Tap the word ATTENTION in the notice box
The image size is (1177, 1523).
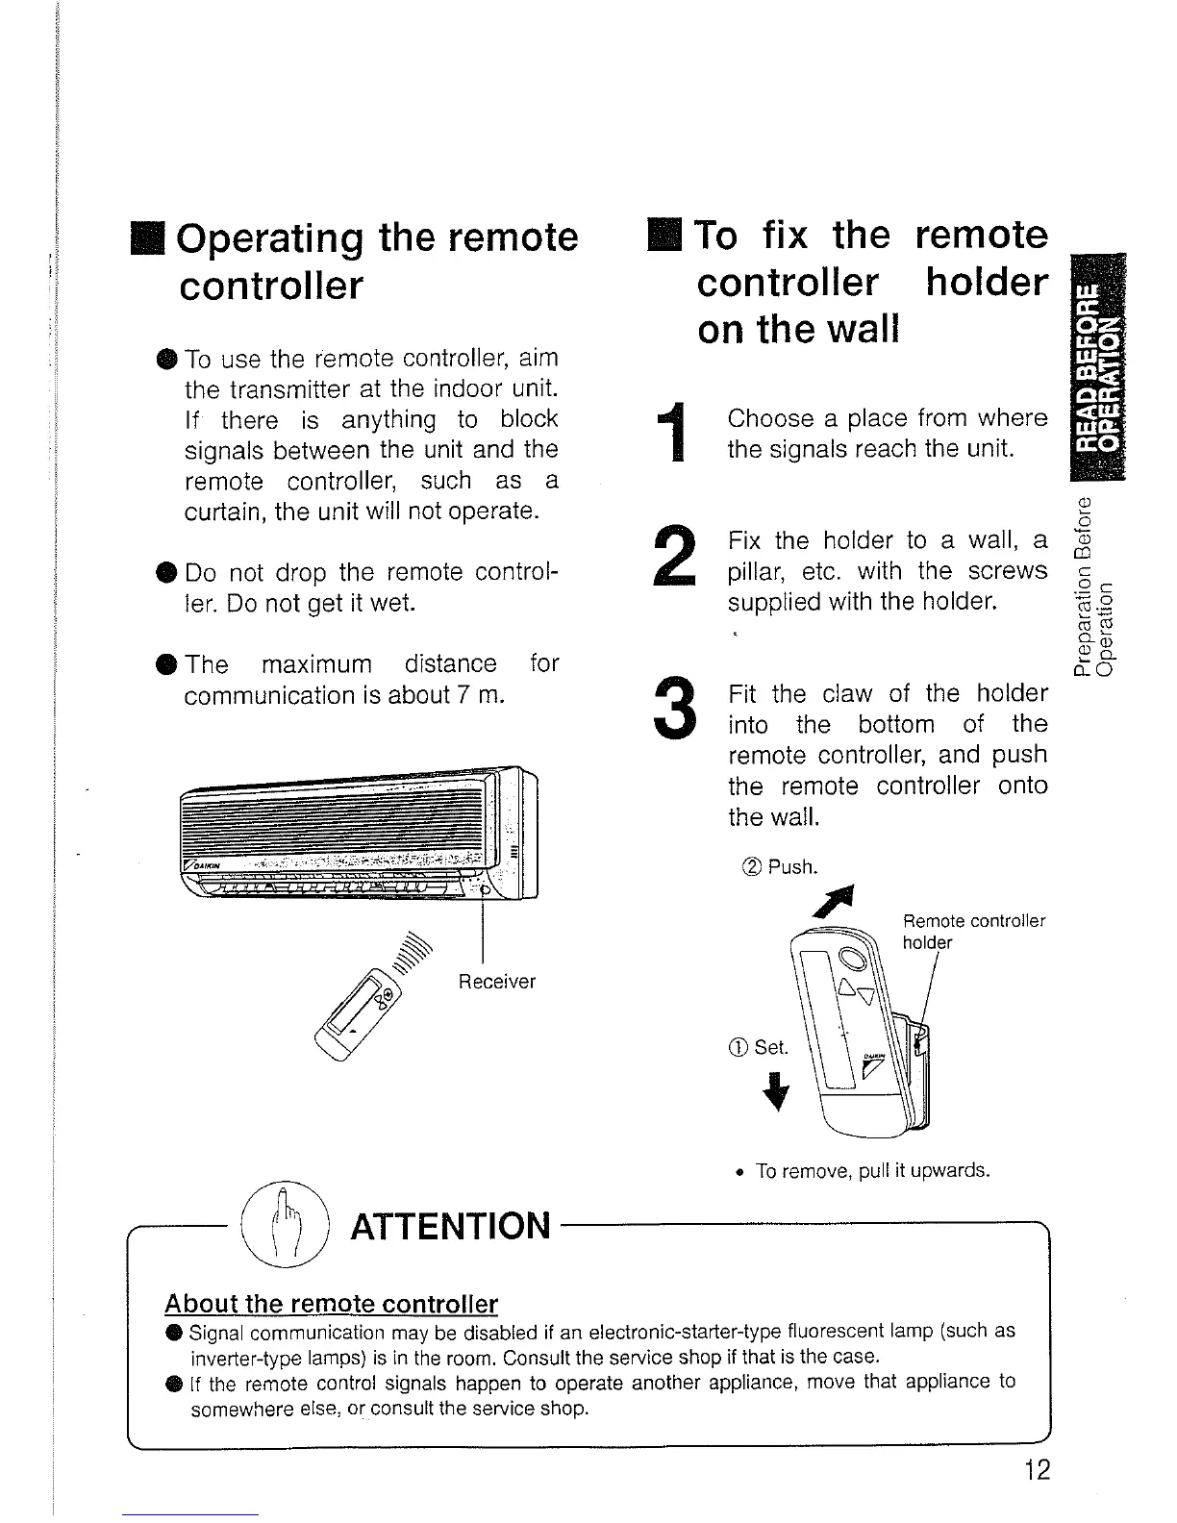(451, 1227)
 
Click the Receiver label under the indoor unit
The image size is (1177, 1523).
(496, 982)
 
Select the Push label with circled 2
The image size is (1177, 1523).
(781, 868)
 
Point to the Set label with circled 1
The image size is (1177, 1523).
(759, 1047)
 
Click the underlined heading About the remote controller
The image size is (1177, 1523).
(331, 1304)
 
